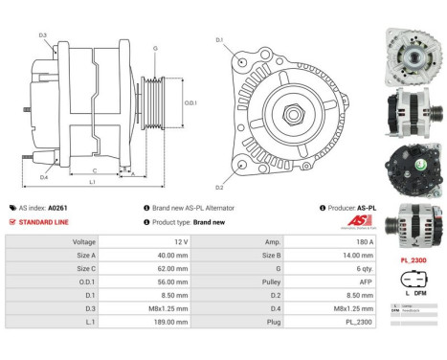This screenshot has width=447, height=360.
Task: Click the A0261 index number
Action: click(58, 207)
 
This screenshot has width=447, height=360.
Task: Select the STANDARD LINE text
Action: click(45, 221)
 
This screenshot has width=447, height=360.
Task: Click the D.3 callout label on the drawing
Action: click(43, 35)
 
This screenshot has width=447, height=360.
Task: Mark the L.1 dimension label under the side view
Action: click(91, 181)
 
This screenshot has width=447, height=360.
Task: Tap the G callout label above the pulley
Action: click(154, 47)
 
